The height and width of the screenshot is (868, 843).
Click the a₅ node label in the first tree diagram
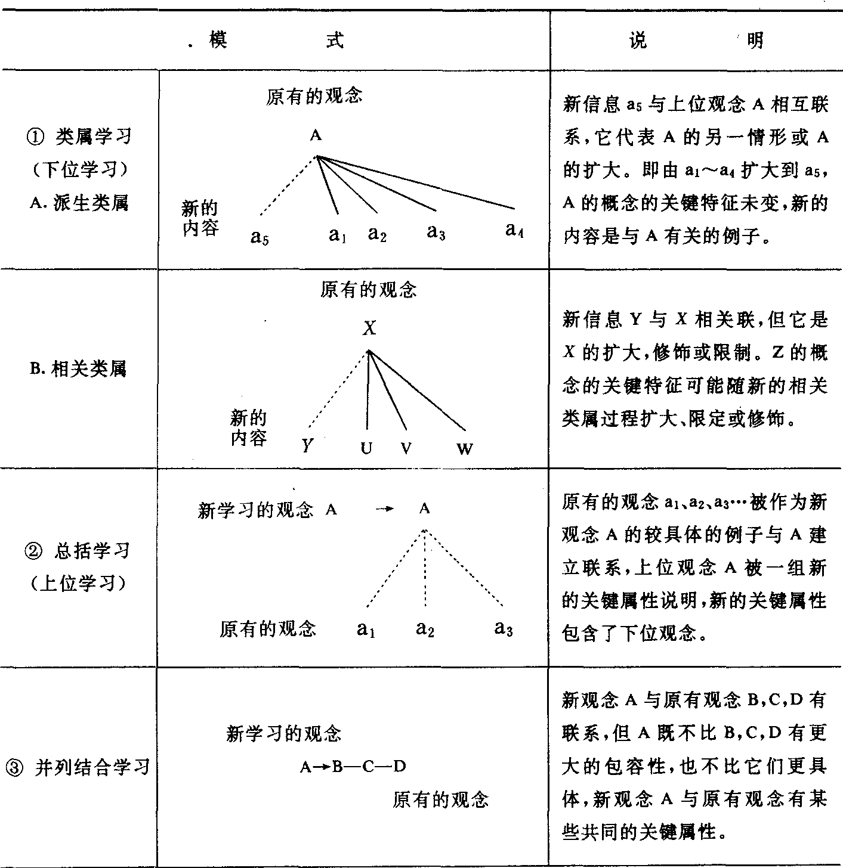pyautogui.click(x=260, y=238)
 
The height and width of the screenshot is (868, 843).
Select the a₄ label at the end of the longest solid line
pyautogui.click(x=514, y=230)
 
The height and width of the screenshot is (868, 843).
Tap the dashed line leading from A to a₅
pyautogui.click(x=288, y=186)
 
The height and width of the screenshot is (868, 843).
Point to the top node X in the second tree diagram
pyautogui.click(x=369, y=328)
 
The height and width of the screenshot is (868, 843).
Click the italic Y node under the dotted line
pyautogui.click(x=307, y=445)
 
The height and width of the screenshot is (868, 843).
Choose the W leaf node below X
pyautogui.click(x=465, y=449)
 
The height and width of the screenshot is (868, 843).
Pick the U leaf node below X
pyautogui.click(x=366, y=448)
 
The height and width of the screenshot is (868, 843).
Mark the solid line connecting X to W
pyautogui.click(x=418, y=390)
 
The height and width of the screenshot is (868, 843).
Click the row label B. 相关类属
pyautogui.click(x=78, y=369)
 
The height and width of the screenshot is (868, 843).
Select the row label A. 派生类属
pyautogui.click(x=79, y=203)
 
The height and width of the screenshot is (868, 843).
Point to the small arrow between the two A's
pyautogui.click(x=385, y=509)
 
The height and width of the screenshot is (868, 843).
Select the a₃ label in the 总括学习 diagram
pyautogui.click(x=504, y=628)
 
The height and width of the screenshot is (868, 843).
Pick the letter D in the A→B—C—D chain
pyautogui.click(x=399, y=766)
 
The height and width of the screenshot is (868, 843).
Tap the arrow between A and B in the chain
pyautogui.click(x=323, y=767)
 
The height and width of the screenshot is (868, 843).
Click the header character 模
pyautogui.click(x=218, y=40)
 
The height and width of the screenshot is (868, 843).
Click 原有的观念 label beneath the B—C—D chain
pyautogui.click(x=440, y=799)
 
